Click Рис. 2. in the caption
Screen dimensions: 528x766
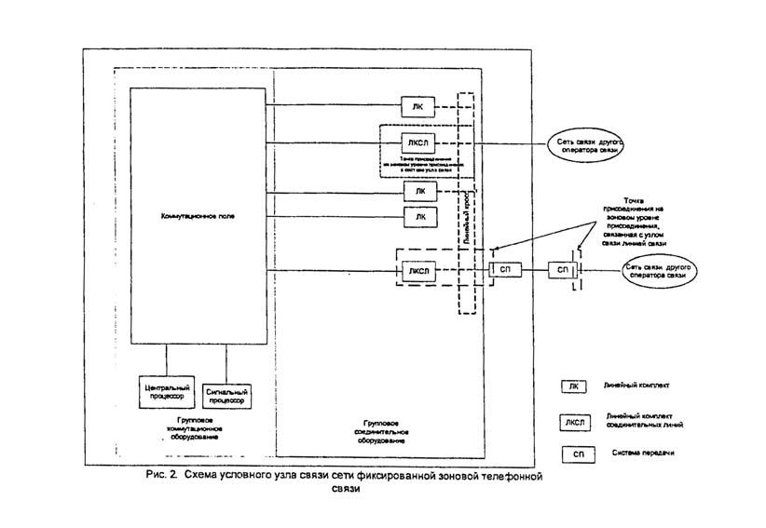click(161, 476)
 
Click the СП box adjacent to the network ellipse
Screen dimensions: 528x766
click(563, 271)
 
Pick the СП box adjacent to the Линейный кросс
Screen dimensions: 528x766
click(505, 271)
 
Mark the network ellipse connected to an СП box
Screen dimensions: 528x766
click(657, 272)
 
